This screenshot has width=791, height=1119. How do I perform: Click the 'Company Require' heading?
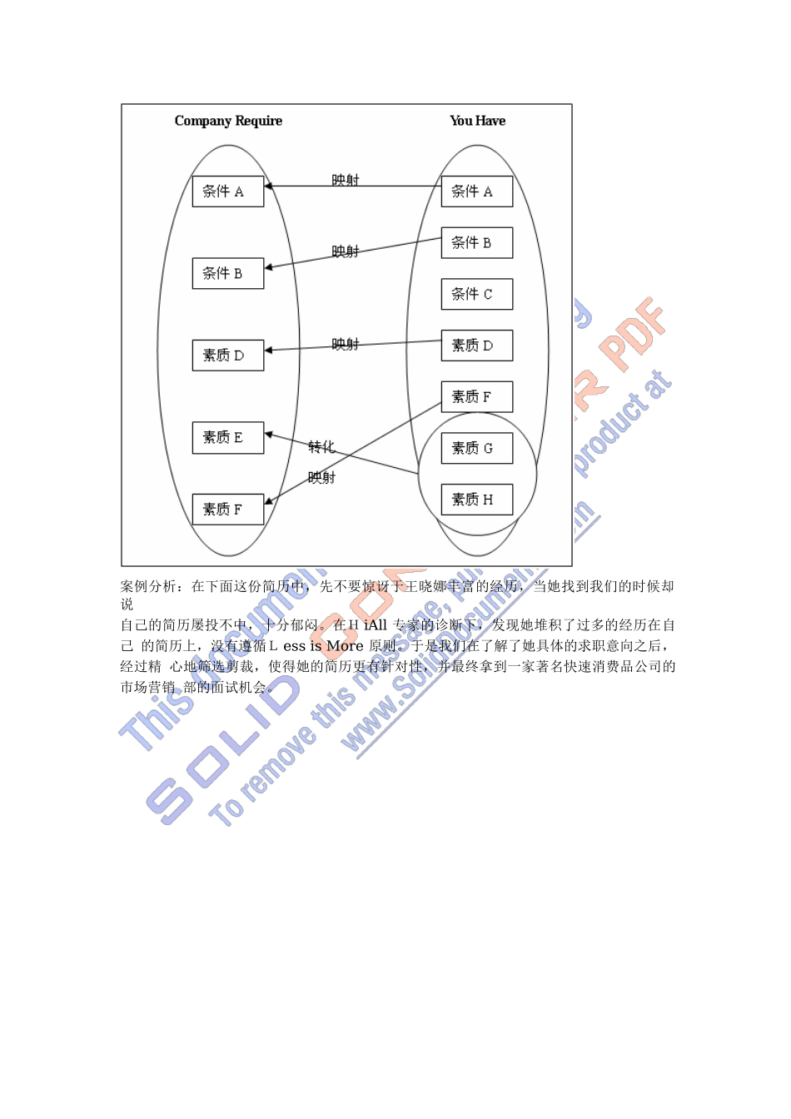click(228, 121)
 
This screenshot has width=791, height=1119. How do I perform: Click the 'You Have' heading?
click(477, 121)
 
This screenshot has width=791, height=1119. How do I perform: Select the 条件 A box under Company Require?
click(227, 191)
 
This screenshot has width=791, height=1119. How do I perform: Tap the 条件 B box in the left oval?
click(227, 273)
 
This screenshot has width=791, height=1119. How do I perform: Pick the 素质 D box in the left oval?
click(227, 356)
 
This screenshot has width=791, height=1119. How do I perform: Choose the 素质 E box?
click(227, 437)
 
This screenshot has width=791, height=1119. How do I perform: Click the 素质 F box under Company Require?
click(227, 509)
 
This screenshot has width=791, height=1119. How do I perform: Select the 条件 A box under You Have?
click(476, 191)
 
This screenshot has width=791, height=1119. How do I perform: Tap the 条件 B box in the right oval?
click(476, 243)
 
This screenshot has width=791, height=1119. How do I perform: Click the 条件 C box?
click(476, 294)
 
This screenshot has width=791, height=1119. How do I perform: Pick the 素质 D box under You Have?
click(476, 346)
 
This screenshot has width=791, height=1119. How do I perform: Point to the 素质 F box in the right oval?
click(476, 396)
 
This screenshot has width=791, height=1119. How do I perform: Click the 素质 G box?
click(476, 448)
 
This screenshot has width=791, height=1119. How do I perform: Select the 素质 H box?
click(476, 500)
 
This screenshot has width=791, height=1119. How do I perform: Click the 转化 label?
click(321, 447)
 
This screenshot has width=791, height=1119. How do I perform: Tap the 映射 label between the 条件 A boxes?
click(345, 180)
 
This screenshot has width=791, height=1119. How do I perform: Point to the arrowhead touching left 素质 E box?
click(269, 434)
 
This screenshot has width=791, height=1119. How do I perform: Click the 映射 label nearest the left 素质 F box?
click(321, 478)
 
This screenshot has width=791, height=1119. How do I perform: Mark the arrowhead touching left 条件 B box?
click(269, 267)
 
